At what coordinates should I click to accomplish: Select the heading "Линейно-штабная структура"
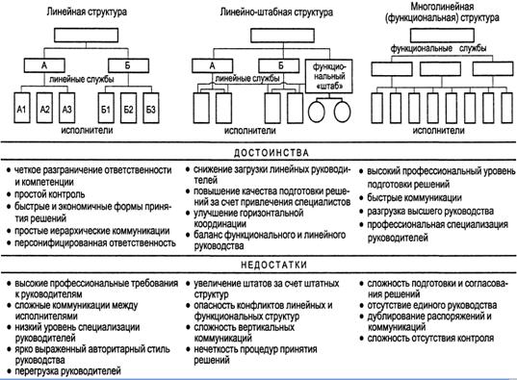pos(263,15)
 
